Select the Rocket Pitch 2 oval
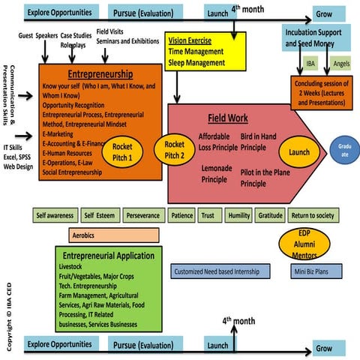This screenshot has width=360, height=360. point(174,148)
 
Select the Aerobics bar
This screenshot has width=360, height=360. point(108,235)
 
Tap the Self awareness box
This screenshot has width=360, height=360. point(55,215)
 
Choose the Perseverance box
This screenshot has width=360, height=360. point(142,215)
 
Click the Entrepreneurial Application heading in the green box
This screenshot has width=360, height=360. point(104,256)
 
